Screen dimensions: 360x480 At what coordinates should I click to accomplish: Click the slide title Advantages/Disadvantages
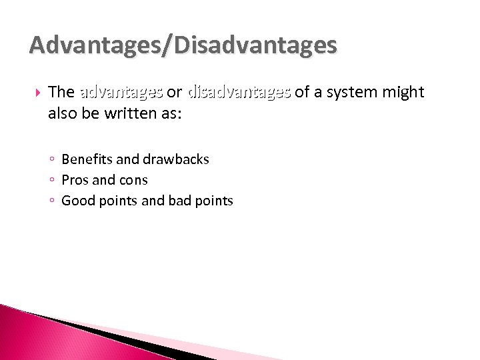pyautogui.click(x=183, y=45)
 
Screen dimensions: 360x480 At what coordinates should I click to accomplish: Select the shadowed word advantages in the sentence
pyautogui.click(x=121, y=92)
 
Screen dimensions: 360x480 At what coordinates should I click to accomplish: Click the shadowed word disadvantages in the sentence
pyautogui.click(x=239, y=92)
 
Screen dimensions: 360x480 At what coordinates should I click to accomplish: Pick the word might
pyautogui.click(x=403, y=92)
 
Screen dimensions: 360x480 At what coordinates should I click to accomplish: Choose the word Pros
pyautogui.click(x=75, y=180)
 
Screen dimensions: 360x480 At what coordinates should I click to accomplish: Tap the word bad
pyautogui.click(x=182, y=201)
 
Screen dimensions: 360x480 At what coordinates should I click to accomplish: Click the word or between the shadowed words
pyautogui.click(x=175, y=92)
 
